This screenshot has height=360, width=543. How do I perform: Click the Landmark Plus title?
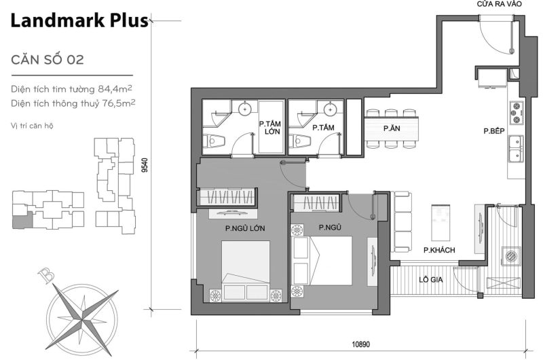coord(79,22)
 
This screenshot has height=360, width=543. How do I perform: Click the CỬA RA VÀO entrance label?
coord(500,5)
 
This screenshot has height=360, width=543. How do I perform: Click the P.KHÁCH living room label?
coord(438,251)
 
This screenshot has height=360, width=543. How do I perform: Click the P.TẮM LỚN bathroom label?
coord(271,128)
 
